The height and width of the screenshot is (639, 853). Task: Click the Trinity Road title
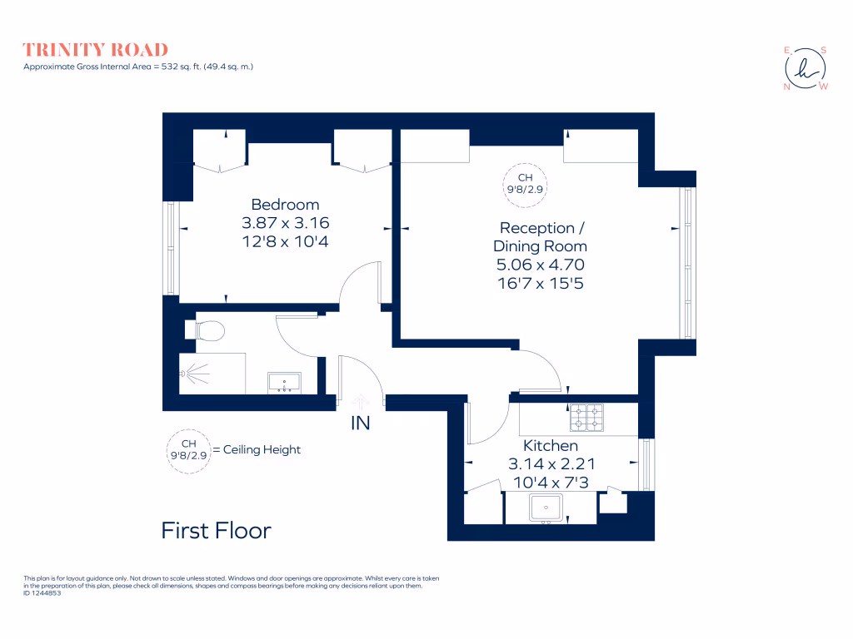(95, 50)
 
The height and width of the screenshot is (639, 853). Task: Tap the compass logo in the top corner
(806, 67)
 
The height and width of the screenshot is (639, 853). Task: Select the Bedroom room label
(285, 205)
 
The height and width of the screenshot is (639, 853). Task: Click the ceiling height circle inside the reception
(525, 183)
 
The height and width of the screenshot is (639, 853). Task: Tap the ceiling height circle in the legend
(189, 450)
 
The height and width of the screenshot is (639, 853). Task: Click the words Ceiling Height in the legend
(257, 450)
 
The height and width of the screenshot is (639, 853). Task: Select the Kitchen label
(550, 446)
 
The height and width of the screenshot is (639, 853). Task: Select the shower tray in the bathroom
(212, 374)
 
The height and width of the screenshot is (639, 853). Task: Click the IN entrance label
(360, 424)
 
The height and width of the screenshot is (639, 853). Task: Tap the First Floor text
(216, 530)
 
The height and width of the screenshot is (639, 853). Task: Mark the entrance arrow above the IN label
(360, 401)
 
